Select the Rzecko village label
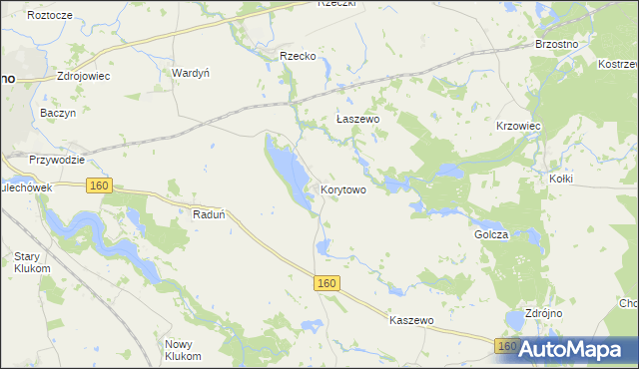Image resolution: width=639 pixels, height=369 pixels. coord(298,57)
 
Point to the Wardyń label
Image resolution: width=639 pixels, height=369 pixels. coord(190,73)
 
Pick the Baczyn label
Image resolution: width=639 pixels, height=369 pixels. coord(58,114)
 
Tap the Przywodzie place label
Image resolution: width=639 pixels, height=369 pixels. coord(56,159)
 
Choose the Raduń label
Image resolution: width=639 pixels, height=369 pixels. coord(209,213)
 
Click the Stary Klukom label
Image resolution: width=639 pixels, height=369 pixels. coord(32,262)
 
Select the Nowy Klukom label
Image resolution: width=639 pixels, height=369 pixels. coord(183,350)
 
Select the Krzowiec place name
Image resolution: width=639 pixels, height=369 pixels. coord(518,127)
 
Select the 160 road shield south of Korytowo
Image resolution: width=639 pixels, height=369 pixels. coord(327,283)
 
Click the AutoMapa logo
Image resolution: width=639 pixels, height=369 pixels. coord(573,349)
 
